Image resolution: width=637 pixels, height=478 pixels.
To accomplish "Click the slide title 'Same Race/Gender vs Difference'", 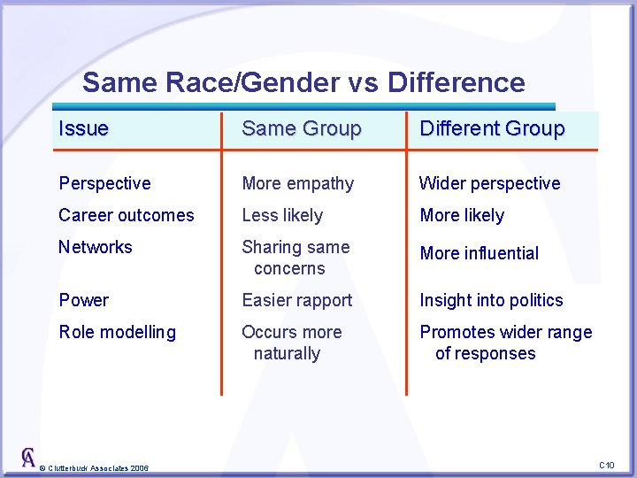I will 303,82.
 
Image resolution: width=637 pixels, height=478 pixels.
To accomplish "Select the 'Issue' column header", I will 84,128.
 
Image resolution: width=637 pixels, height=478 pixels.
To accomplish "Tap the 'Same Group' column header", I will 302,128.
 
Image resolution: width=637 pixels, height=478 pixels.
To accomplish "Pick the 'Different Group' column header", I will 492,128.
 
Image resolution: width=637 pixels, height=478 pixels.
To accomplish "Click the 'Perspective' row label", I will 104,183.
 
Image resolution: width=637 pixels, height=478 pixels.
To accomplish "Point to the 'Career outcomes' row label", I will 126,215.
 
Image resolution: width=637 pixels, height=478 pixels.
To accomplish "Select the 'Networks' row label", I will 95,247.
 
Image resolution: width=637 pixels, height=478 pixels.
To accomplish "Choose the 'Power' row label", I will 83,300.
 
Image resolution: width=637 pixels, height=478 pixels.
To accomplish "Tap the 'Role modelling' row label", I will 117,332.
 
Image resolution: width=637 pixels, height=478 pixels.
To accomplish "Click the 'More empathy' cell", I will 297,183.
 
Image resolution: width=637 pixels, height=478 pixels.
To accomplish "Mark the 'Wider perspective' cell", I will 489,183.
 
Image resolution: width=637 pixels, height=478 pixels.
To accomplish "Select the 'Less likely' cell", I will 282,215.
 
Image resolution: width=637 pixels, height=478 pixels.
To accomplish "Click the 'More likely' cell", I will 462,215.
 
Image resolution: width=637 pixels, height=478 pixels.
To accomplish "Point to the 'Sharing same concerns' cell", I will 295,258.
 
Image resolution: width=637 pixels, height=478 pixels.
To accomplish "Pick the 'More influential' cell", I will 479,253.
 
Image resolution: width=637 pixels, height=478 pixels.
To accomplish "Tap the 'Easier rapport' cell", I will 296,300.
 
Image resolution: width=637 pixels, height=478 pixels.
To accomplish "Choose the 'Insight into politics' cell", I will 491,300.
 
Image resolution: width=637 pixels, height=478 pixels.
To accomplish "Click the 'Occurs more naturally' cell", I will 291,343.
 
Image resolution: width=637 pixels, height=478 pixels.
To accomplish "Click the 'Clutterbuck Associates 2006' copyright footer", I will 95,467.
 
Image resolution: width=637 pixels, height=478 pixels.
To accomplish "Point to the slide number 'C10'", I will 606,465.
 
